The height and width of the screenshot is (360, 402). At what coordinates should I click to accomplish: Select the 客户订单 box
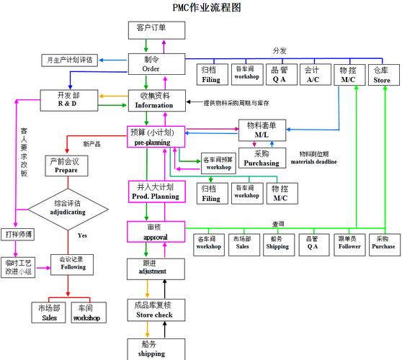coord(151,29)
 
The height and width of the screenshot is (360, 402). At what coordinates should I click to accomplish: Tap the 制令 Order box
coord(151,64)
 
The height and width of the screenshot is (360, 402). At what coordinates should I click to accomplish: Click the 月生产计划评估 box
coord(69,60)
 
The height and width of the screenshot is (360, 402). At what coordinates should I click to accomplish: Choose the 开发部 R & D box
coord(68,100)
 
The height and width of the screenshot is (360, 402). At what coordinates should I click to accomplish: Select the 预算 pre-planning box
coord(151,137)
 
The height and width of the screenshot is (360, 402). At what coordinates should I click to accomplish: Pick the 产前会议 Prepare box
coord(66,166)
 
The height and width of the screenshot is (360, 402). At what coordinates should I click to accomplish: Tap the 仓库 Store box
coord(381,75)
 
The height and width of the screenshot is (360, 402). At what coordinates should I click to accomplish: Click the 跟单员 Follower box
coord(349,242)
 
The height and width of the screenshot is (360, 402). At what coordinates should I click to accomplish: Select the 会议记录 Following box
coord(72,264)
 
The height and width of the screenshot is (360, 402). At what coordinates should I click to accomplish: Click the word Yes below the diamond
coord(82,235)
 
